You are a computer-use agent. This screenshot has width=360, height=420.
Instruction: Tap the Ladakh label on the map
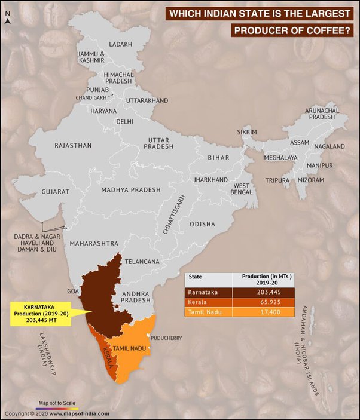point(120,45)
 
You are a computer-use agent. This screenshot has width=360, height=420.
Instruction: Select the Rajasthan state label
point(73,145)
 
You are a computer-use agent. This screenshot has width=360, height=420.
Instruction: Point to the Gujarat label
point(55,192)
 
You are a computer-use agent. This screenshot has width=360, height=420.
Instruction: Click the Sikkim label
point(246,131)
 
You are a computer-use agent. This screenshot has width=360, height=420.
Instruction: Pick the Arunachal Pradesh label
point(322,114)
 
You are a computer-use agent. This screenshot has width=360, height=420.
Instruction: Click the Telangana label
point(142,262)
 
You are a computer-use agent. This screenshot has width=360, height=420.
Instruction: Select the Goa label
point(74,291)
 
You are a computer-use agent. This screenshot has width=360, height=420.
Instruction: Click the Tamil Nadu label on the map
point(130,347)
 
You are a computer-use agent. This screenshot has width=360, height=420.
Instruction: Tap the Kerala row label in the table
point(197,303)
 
